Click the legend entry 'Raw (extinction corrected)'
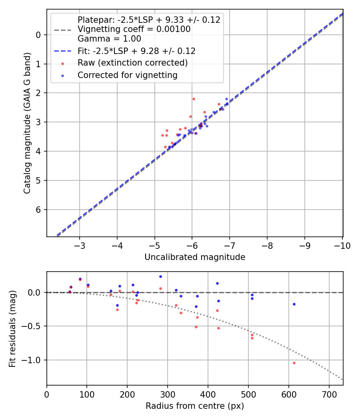coord(132,63)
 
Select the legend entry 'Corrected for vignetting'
coord(127,75)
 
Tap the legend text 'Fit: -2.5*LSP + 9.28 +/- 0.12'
coord(136,51)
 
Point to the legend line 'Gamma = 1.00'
coord(109,39)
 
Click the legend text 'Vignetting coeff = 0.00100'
coord(134,30)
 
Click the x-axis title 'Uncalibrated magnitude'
coord(195,257)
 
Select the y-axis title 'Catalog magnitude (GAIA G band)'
coord(27,123)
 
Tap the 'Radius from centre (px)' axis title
coord(195,406)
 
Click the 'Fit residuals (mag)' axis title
coord(12,329)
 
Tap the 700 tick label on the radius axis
coord(329,394)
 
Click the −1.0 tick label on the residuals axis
coord(34,360)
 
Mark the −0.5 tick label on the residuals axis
coord(34,326)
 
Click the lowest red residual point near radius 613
coord(294,363)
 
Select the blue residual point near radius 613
coord(294,304)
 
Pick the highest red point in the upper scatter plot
coord(194,99)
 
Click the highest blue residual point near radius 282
coord(160,276)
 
